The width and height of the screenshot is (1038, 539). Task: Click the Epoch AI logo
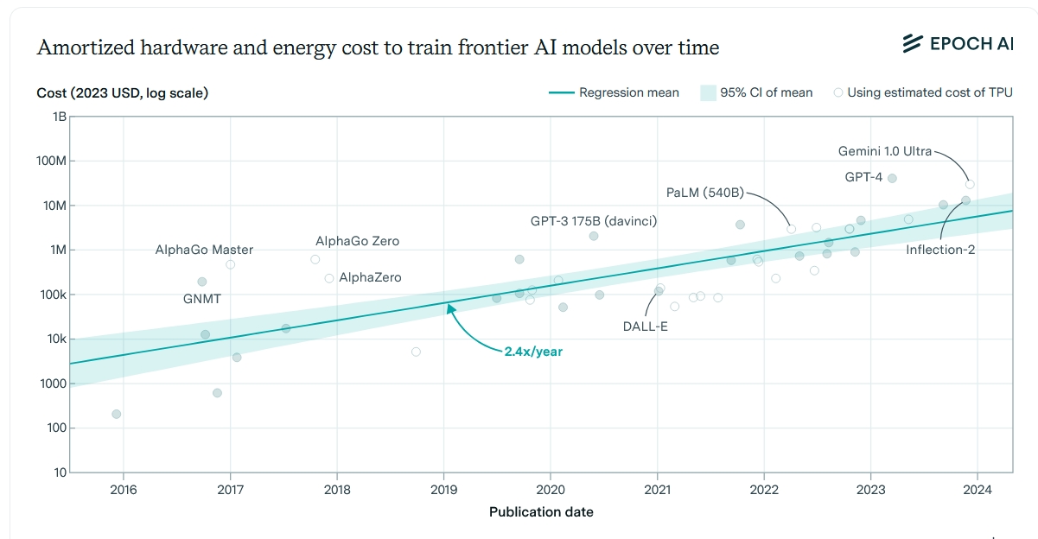pyautogui.click(x=957, y=44)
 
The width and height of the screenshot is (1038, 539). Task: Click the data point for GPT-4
pyautogui.click(x=892, y=179)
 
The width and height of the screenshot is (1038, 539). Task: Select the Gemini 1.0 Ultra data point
pyautogui.click(x=970, y=184)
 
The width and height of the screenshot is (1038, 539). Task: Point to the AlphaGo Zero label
pyautogui.click(x=357, y=242)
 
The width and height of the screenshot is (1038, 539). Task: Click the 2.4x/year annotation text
pyautogui.click(x=533, y=352)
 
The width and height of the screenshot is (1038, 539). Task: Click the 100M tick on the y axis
pyautogui.click(x=53, y=162)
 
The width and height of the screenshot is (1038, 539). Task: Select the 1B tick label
pyautogui.click(x=59, y=117)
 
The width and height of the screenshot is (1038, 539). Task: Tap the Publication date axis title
pyautogui.click(x=541, y=512)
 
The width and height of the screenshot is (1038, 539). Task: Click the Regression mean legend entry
pyautogui.click(x=614, y=92)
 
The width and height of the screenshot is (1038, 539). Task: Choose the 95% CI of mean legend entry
pyautogui.click(x=756, y=92)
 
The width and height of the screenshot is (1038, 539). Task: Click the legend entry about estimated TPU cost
pyautogui.click(x=922, y=92)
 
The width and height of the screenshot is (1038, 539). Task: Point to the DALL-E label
pyautogui.click(x=646, y=327)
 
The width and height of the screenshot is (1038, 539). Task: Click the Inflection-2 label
pyautogui.click(x=940, y=250)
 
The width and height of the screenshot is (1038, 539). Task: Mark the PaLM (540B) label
pyautogui.click(x=705, y=193)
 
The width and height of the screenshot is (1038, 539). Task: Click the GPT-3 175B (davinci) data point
pyautogui.click(x=594, y=236)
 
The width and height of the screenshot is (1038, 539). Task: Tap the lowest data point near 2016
pyautogui.click(x=117, y=415)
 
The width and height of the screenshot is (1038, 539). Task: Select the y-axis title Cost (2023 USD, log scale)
pyautogui.click(x=122, y=92)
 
